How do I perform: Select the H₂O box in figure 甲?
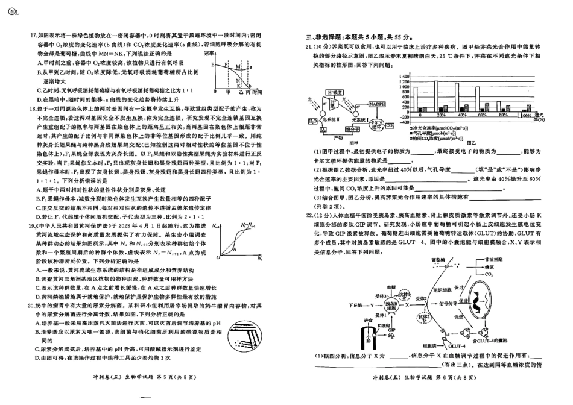312,121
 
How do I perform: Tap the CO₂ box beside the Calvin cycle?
390,125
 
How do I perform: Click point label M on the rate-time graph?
239,65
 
